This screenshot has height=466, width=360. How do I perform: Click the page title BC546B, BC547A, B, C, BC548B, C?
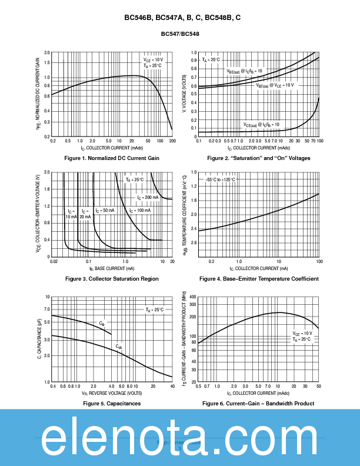182,18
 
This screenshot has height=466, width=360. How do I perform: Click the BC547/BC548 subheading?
180,34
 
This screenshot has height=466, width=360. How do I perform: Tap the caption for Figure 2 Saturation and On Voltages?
259,158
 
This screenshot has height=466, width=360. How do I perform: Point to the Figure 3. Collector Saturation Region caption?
112,278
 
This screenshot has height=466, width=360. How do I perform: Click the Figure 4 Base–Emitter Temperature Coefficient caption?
259,278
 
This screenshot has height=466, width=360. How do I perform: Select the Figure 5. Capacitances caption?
112,403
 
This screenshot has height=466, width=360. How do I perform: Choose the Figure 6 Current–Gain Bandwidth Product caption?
258,403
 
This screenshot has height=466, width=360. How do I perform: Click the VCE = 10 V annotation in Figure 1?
153,60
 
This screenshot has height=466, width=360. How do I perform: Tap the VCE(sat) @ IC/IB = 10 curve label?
262,125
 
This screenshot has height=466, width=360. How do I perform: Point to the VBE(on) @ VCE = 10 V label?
274,85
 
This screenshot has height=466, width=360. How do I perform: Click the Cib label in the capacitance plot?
102,324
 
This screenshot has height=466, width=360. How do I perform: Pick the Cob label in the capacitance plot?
119,347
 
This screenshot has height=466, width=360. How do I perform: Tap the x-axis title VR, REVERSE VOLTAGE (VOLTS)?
112,392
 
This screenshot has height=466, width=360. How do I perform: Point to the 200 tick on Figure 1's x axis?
172,141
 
